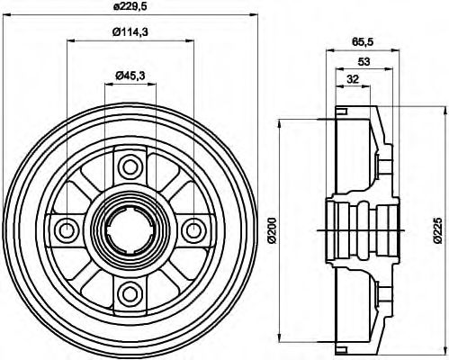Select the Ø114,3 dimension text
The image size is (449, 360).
[x=132, y=33]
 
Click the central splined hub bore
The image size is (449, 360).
[x=131, y=229]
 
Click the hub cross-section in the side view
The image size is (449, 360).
[x=360, y=229]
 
